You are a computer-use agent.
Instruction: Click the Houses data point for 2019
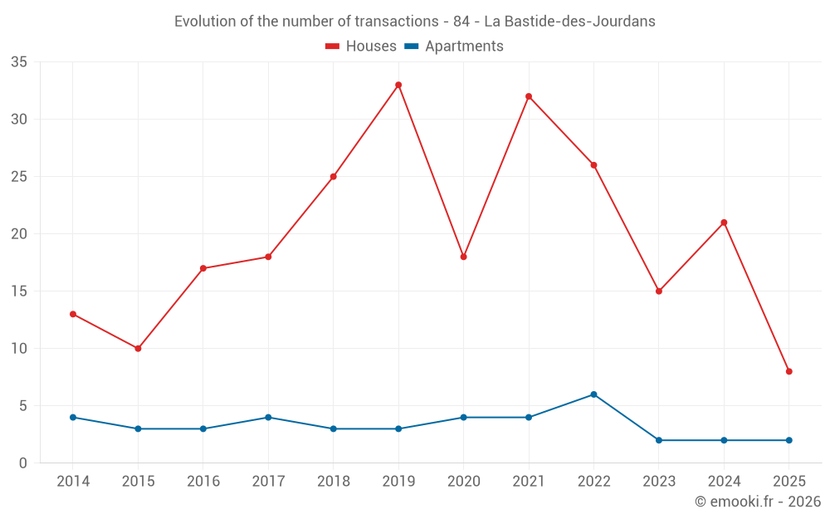[x=398, y=85]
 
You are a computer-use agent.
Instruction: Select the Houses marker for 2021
[x=529, y=96]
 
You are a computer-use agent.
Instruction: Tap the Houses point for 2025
[x=789, y=371]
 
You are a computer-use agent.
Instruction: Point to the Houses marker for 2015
[x=138, y=349]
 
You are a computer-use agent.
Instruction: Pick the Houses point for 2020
[x=464, y=257]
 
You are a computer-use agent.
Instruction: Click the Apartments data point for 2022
[x=593, y=394]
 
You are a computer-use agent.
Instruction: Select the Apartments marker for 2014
[x=73, y=417]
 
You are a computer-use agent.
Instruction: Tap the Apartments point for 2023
[x=659, y=440]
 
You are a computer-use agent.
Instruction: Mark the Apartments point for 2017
[x=268, y=417]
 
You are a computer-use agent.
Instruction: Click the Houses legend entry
[x=361, y=47]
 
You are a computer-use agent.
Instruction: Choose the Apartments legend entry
[x=454, y=47]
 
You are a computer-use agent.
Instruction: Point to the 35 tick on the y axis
[x=19, y=62]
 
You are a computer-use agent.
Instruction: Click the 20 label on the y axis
[x=19, y=234]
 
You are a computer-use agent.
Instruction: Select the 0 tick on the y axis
[x=23, y=463]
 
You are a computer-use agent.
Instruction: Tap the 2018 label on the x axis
[x=333, y=482]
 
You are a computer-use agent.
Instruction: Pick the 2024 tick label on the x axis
[x=724, y=482]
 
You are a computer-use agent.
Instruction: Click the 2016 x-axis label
[x=203, y=482]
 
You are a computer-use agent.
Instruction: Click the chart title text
[x=414, y=22]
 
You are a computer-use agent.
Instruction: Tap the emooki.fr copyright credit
[x=758, y=502]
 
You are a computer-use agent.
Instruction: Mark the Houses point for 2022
[x=593, y=165]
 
